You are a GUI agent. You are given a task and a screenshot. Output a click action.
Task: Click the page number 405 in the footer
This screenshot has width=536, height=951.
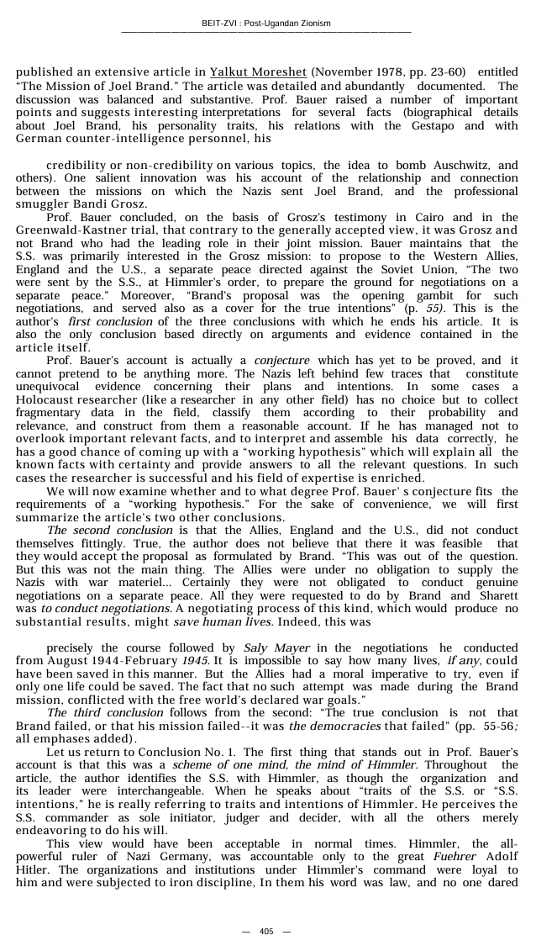[x=266, y=931]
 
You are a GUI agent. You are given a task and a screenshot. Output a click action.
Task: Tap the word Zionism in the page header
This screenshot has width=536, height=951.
[x=313, y=23]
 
